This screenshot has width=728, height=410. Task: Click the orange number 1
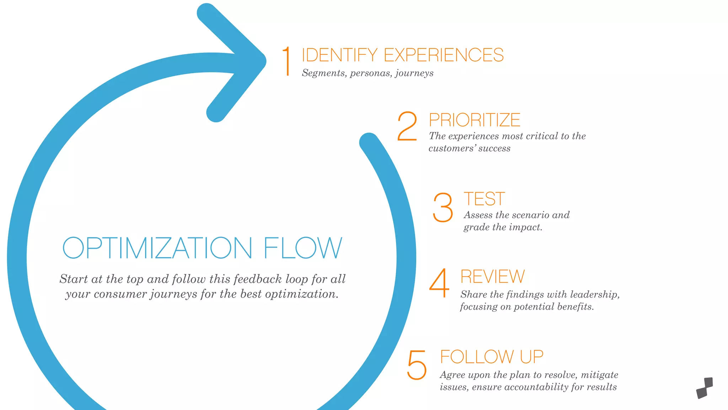coord(287,61)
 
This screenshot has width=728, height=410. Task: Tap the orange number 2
coord(407,126)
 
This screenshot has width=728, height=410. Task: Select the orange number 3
coord(443,207)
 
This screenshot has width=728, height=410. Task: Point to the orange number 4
coord(439,283)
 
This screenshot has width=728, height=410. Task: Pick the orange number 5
coord(417,365)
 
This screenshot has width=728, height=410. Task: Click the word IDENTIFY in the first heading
coord(339,55)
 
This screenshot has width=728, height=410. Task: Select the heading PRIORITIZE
coord(475,120)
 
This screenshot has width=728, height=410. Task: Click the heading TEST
coord(484,199)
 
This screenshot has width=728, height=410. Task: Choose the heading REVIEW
coord(493,277)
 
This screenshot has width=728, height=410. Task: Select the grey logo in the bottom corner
coord(705,388)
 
